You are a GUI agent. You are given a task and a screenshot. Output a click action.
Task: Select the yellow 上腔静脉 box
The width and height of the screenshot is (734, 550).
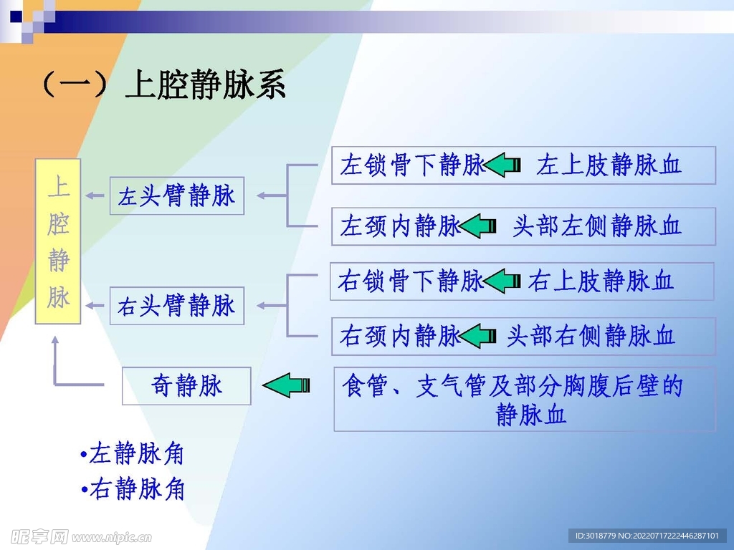click(58, 241)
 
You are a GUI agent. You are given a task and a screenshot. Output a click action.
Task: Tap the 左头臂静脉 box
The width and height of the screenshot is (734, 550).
click(177, 196)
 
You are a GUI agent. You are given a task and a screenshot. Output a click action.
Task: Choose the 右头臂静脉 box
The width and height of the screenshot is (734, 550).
click(177, 306)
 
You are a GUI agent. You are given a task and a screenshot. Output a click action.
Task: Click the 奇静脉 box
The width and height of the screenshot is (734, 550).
click(186, 386)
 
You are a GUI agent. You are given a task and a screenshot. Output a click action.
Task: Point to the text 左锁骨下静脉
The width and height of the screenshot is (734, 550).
click(412, 165)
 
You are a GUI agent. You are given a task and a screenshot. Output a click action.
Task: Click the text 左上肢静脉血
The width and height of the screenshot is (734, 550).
click(609, 165)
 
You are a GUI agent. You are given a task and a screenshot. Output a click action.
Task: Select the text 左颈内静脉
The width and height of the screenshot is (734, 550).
click(400, 226)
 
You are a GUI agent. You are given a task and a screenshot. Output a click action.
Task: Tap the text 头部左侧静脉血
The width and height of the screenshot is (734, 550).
click(597, 226)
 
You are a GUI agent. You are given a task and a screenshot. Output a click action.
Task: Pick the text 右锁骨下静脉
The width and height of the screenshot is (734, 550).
click(411, 281)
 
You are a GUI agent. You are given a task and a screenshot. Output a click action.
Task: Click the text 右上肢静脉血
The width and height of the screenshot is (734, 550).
click(601, 281)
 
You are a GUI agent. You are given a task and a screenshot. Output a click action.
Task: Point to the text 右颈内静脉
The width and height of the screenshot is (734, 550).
click(400, 336)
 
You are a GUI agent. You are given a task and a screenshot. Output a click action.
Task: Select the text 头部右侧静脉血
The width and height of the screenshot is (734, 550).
click(591, 336)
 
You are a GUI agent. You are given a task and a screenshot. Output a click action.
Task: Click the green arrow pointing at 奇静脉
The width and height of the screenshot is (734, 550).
click(286, 385)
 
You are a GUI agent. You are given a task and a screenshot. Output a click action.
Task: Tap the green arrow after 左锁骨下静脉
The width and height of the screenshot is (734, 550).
click(502, 165)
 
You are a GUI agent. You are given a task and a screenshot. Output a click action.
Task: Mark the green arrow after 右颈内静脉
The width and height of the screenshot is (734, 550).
click(478, 336)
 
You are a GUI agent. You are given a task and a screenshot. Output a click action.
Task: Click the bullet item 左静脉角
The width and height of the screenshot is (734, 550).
click(132, 453)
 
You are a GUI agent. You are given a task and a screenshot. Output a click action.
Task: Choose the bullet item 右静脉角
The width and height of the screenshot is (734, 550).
click(132, 488)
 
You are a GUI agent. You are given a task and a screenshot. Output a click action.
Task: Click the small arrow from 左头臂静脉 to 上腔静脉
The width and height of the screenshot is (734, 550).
click(95, 196)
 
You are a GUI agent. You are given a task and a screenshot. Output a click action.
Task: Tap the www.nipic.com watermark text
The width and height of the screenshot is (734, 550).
click(111, 537)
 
